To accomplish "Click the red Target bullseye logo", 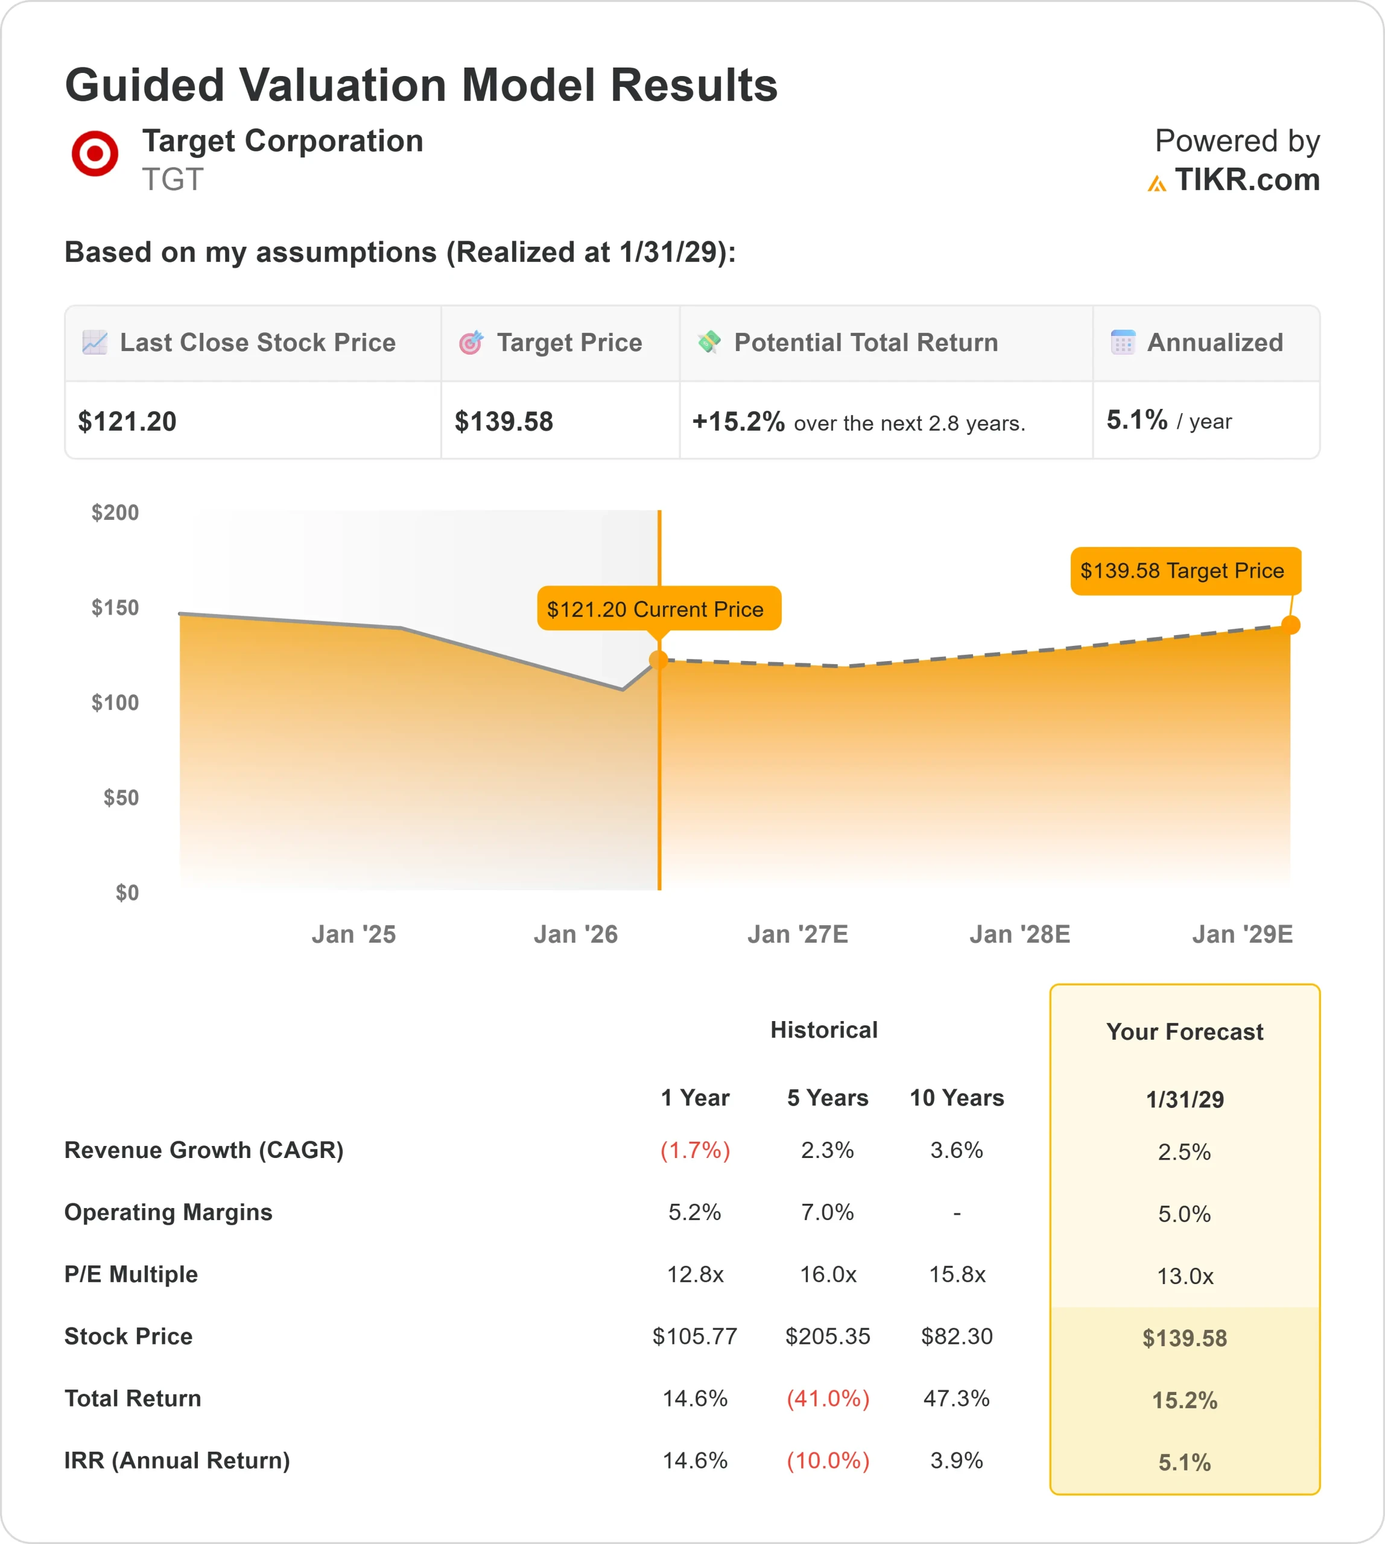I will click(x=94, y=153).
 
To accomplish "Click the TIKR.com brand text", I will click(x=1246, y=180).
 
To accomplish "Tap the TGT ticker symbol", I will click(x=173, y=180).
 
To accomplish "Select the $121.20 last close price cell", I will click(x=128, y=422).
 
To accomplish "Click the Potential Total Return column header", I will click(x=865, y=343).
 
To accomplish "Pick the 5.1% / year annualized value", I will click(x=1168, y=420).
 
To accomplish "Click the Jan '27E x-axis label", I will click(x=797, y=934).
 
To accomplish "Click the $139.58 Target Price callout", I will click(x=1185, y=571).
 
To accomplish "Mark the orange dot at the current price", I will click(x=659, y=660).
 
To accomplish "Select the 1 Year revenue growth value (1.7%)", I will click(x=695, y=1150).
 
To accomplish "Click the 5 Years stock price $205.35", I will click(x=827, y=1337).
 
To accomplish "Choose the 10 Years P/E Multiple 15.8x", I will click(x=957, y=1274).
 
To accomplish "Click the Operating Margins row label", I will click(x=168, y=1212).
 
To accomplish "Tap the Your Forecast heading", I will click(x=1184, y=1032).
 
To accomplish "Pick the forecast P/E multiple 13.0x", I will click(x=1184, y=1276).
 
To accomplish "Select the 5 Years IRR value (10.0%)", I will click(x=827, y=1460).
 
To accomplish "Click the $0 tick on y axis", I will click(x=127, y=893).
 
